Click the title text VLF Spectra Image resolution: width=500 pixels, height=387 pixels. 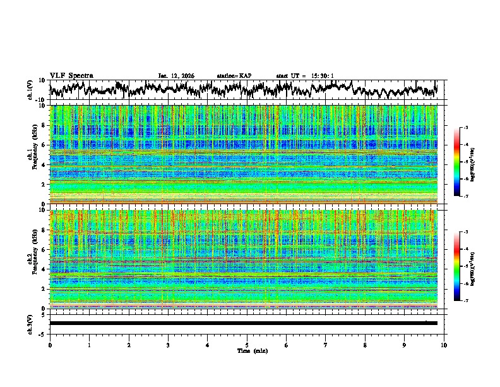tap(71, 75)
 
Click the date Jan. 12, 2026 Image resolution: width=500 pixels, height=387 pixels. tap(176, 76)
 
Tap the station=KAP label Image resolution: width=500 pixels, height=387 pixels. tap(234, 76)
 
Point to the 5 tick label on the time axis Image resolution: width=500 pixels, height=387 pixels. tap(247, 345)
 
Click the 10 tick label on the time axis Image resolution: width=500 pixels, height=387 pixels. tap(444, 345)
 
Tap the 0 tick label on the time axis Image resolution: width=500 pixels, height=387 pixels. tap(50, 345)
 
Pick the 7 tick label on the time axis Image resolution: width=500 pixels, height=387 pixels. tap(326, 345)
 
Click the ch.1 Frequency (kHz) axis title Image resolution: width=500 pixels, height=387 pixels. tap(32, 151)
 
